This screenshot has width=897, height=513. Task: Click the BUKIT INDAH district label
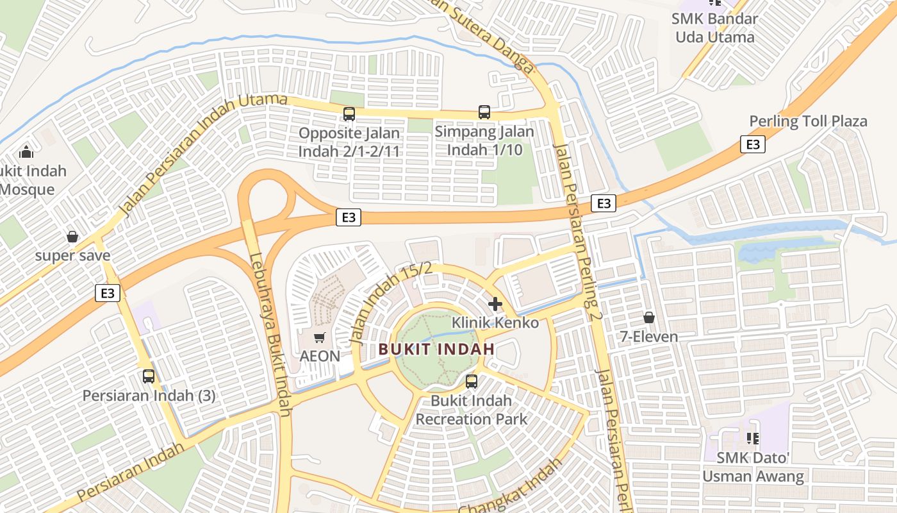pyautogui.click(x=436, y=349)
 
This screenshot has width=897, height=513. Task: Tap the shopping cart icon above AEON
pyautogui.click(x=320, y=337)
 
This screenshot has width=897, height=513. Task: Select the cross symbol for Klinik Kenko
pyautogui.click(x=495, y=303)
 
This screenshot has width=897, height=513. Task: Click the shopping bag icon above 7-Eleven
pyautogui.click(x=649, y=317)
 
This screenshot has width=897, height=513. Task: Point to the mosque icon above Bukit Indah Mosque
pyautogui.click(x=26, y=152)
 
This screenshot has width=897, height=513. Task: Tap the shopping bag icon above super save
pyautogui.click(x=72, y=237)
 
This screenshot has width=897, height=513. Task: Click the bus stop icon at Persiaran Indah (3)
pyautogui.click(x=149, y=376)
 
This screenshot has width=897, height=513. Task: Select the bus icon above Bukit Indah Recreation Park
pyautogui.click(x=472, y=382)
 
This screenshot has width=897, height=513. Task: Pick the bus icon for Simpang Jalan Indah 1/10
pyautogui.click(x=484, y=112)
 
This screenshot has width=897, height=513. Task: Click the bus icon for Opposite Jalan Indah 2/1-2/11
pyautogui.click(x=349, y=114)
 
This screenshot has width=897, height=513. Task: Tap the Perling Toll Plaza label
pyautogui.click(x=808, y=121)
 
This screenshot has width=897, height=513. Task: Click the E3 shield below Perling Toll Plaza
pyautogui.click(x=753, y=144)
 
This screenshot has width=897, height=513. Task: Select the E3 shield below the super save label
pyautogui.click(x=108, y=293)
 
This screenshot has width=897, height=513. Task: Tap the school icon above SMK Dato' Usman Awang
pyautogui.click(x=753, y=439)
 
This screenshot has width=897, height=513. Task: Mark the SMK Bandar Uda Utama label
pyautogui.click(x=715, y=28)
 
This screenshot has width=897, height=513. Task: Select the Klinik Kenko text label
pyautogui.click(x=495, y=323)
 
